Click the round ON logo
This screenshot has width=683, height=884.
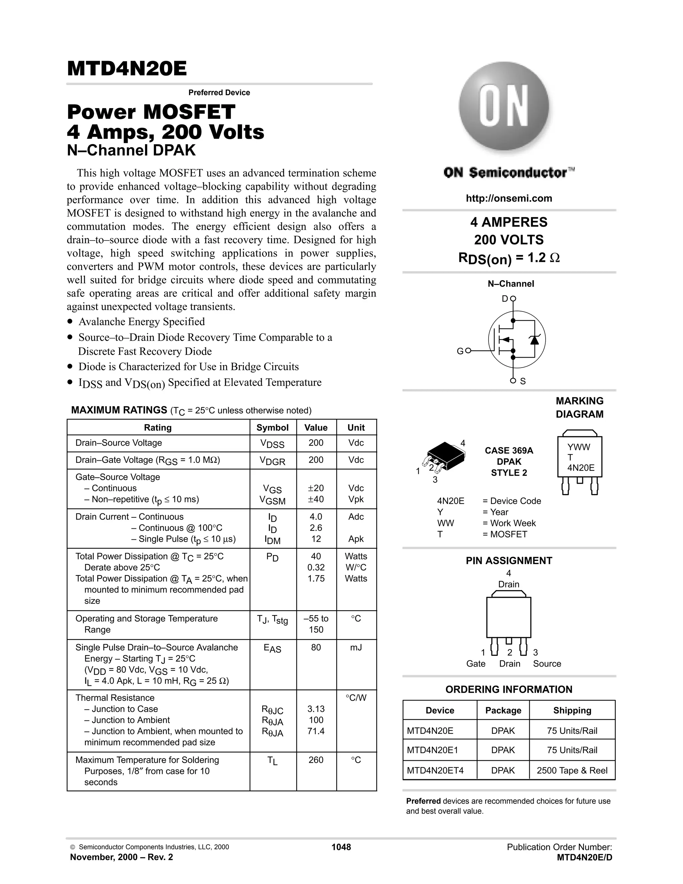point(504,106)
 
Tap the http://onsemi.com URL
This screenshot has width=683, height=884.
point(509,198)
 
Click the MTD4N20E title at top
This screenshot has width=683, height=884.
point(127,69)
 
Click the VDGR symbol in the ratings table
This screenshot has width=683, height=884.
point(272,461)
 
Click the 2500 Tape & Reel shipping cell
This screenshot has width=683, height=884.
point(572,770)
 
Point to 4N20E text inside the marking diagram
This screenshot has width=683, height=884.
point(581,468)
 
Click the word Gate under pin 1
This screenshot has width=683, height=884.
point(476,664)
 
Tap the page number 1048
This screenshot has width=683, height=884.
point(341,847)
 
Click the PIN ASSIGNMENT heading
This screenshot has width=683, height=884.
point(509,561)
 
